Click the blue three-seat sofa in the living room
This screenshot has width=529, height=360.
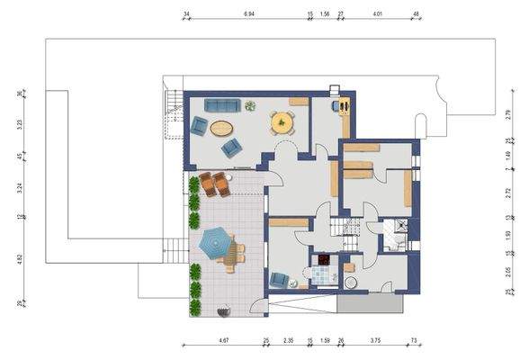[219, 105]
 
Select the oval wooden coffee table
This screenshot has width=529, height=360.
[220, 128]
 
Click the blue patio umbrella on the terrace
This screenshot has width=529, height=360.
[215, 240]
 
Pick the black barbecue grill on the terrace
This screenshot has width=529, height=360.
[226, 311]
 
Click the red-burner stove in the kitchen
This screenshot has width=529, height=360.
[322, 266]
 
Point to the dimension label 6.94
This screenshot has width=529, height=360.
[247, 15]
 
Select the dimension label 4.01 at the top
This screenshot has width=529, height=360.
[377, 15]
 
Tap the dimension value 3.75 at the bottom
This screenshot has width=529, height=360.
[374, 340]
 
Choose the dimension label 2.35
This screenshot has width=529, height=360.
[288, 340]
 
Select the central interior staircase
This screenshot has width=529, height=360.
[345, 231]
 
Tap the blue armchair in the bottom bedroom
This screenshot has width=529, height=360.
[281, 280]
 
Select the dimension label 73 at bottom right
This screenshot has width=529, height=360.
[414, 340]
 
